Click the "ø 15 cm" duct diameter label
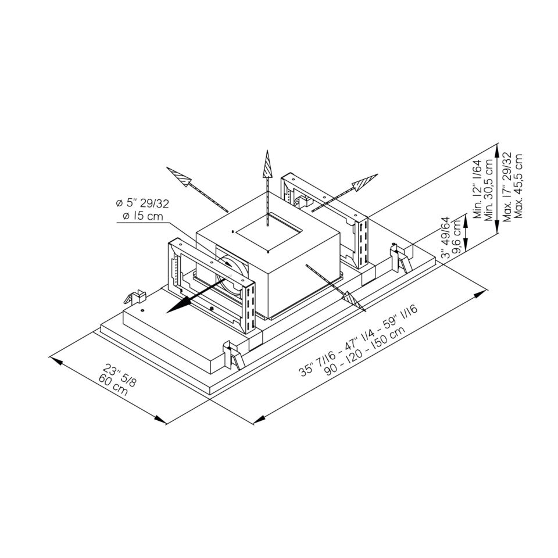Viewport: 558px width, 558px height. (x=140, y=216)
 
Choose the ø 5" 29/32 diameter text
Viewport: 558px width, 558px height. (x=142, y=204)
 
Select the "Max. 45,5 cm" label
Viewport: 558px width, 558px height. (x=518, y=186)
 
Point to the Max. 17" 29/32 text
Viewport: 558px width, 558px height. (x=507, y=186)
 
